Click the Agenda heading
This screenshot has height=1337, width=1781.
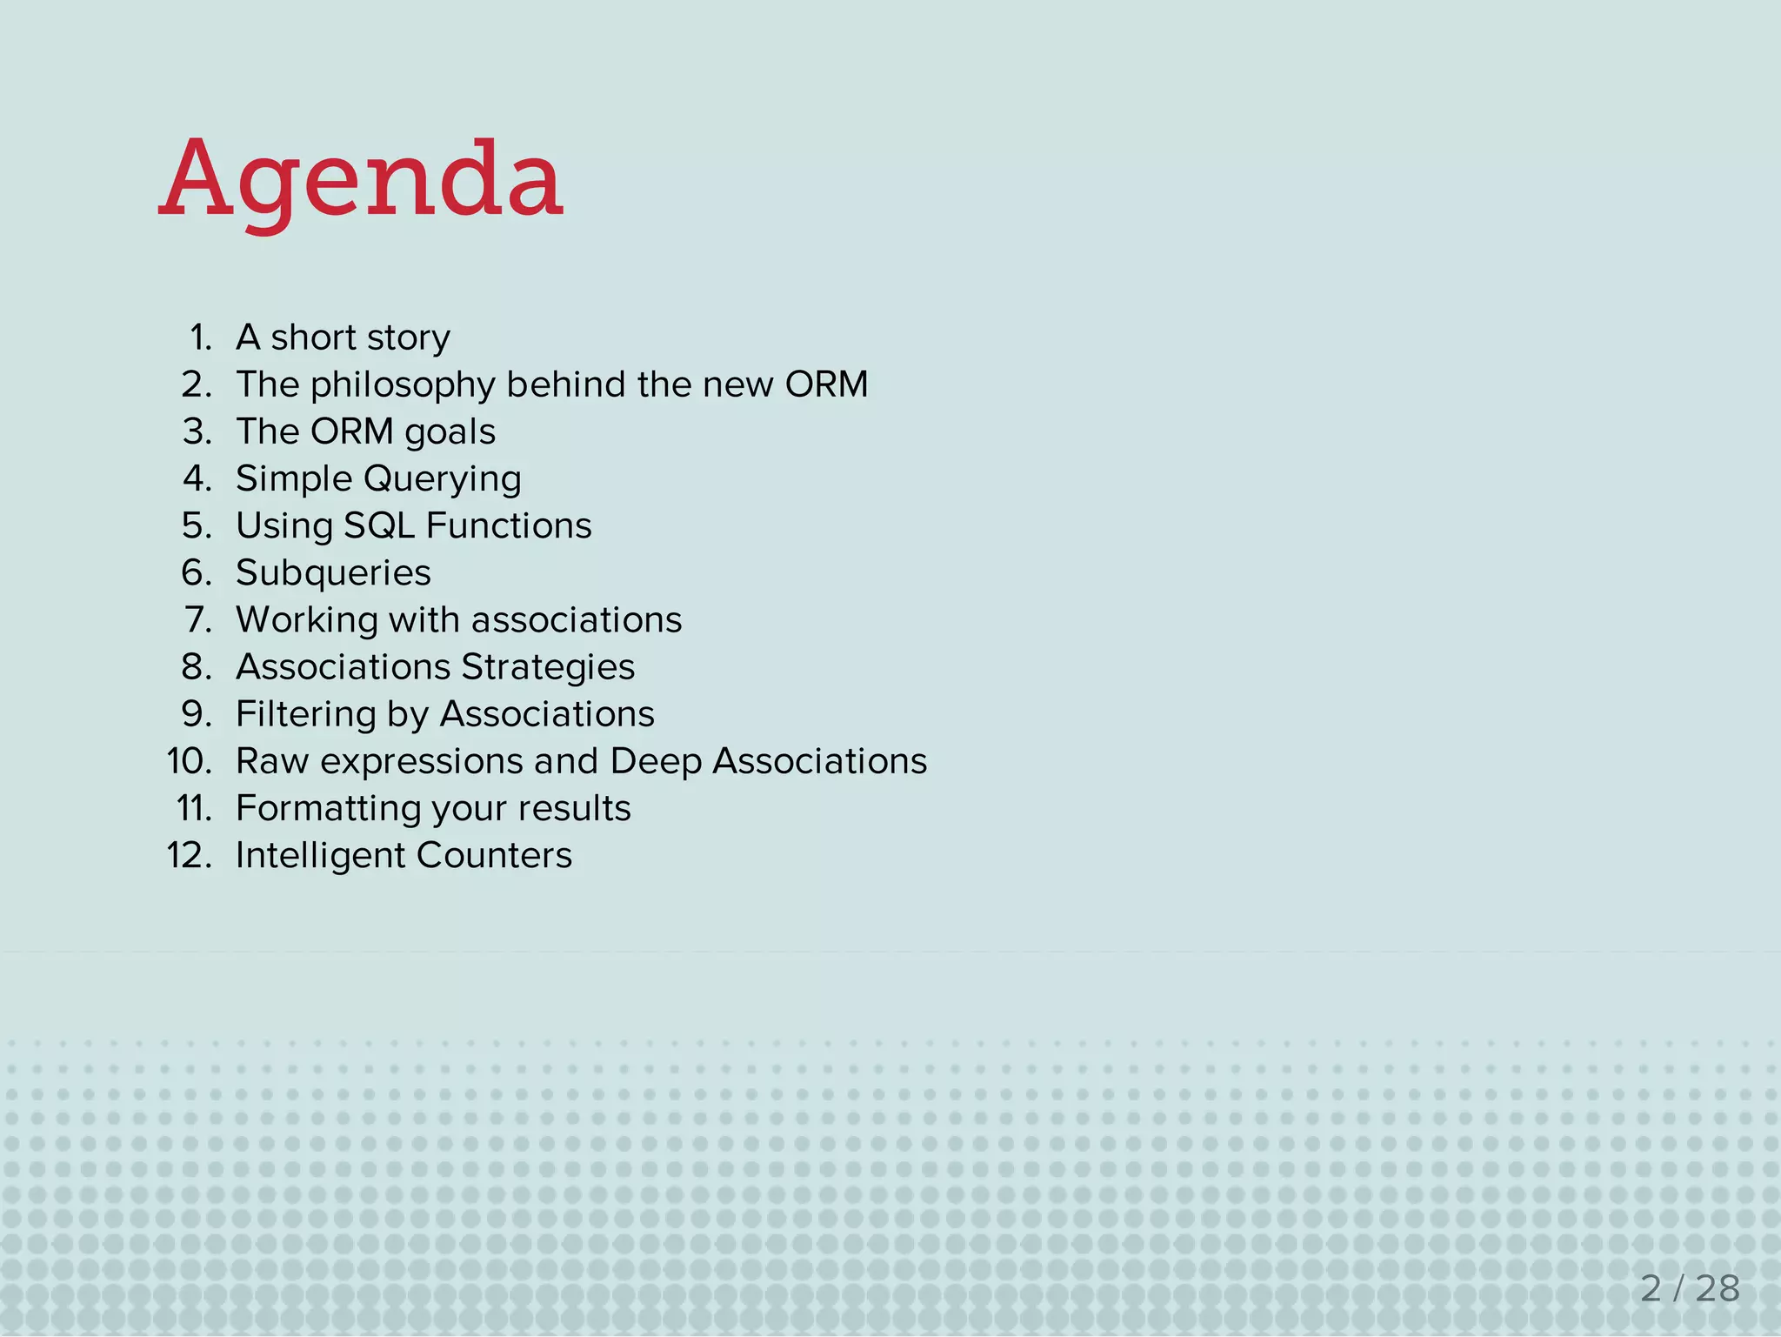tap(361, 180)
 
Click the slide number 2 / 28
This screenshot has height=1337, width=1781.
tap(1689, 1288)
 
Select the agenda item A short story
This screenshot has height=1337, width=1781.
tap(343, 338)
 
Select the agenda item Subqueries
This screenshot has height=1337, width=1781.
tap(333, 572)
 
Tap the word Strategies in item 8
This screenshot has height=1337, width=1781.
tap(548, 667)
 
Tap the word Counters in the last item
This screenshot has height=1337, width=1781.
tap(494, 855)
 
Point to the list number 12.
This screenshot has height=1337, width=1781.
tap(189, 856)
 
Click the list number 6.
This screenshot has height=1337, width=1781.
tap(197, 572)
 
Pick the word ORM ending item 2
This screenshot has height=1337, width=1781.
tap(826, 384)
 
